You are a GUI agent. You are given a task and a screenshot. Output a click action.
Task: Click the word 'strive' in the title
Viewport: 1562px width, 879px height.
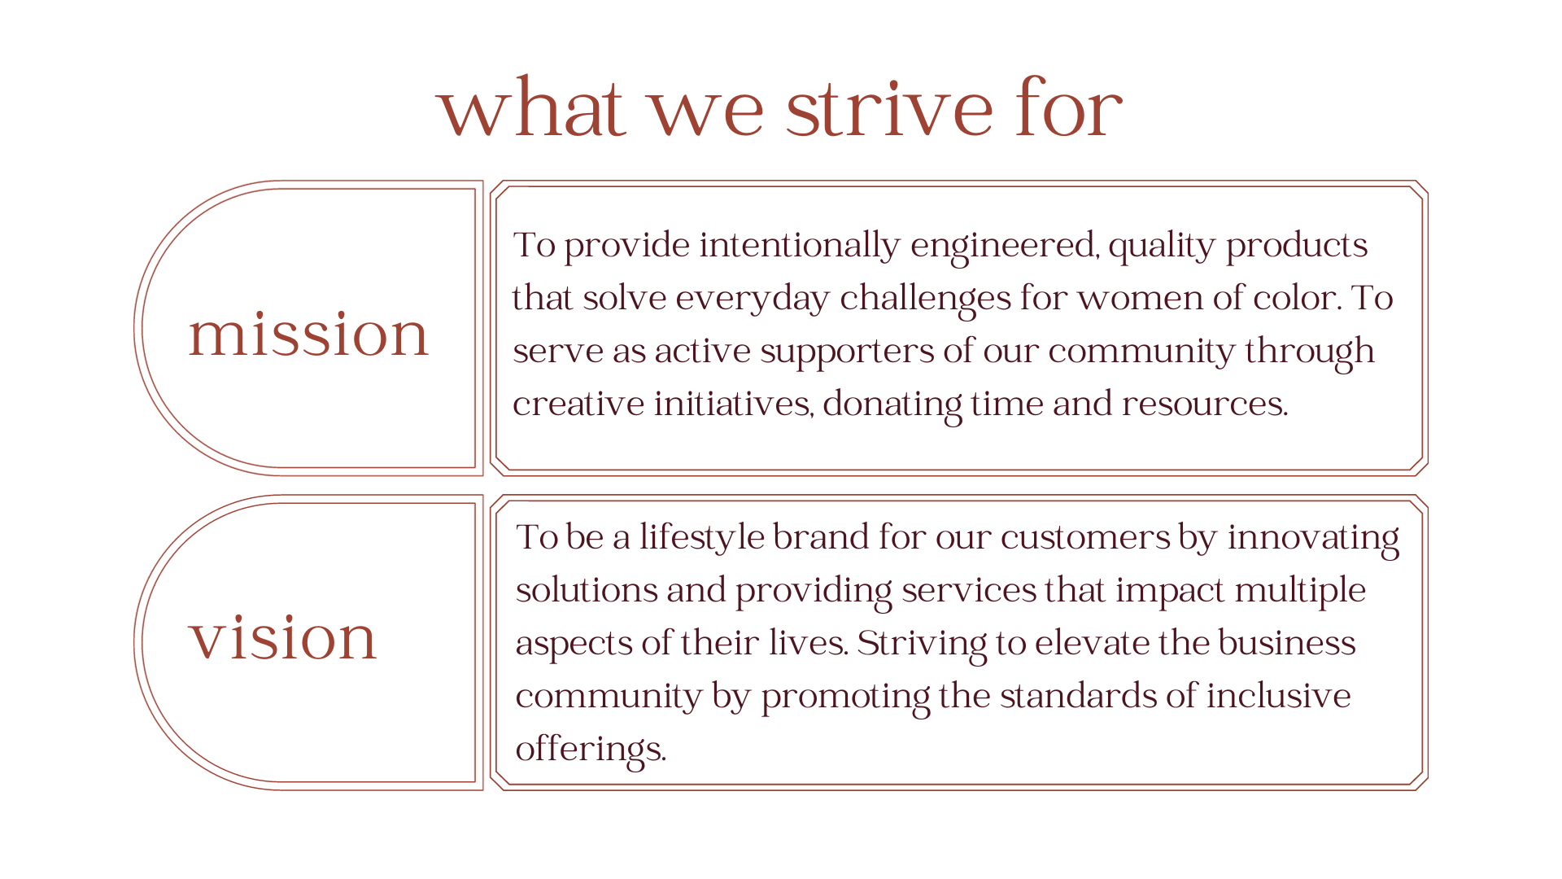tap(890, 108)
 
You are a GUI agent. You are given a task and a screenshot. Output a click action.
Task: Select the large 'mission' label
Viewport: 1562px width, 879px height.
tap(308, 334)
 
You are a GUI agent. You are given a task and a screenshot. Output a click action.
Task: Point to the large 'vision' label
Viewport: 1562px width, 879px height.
tap(282, 637)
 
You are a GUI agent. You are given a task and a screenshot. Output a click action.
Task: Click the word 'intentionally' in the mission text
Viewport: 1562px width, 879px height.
tap(800, 246)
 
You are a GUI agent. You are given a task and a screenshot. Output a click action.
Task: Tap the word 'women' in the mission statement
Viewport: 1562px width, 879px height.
tap(1140, 298)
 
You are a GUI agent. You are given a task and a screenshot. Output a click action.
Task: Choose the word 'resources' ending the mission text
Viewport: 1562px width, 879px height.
tap(1204, 405)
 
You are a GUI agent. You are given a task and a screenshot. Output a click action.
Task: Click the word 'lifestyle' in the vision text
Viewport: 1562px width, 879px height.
tap(702, 538)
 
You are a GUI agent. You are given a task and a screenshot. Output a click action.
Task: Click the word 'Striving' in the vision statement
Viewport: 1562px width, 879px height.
tap(922, 644)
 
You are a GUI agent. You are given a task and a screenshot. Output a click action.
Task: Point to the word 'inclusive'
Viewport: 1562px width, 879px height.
tap(1278, 696)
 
